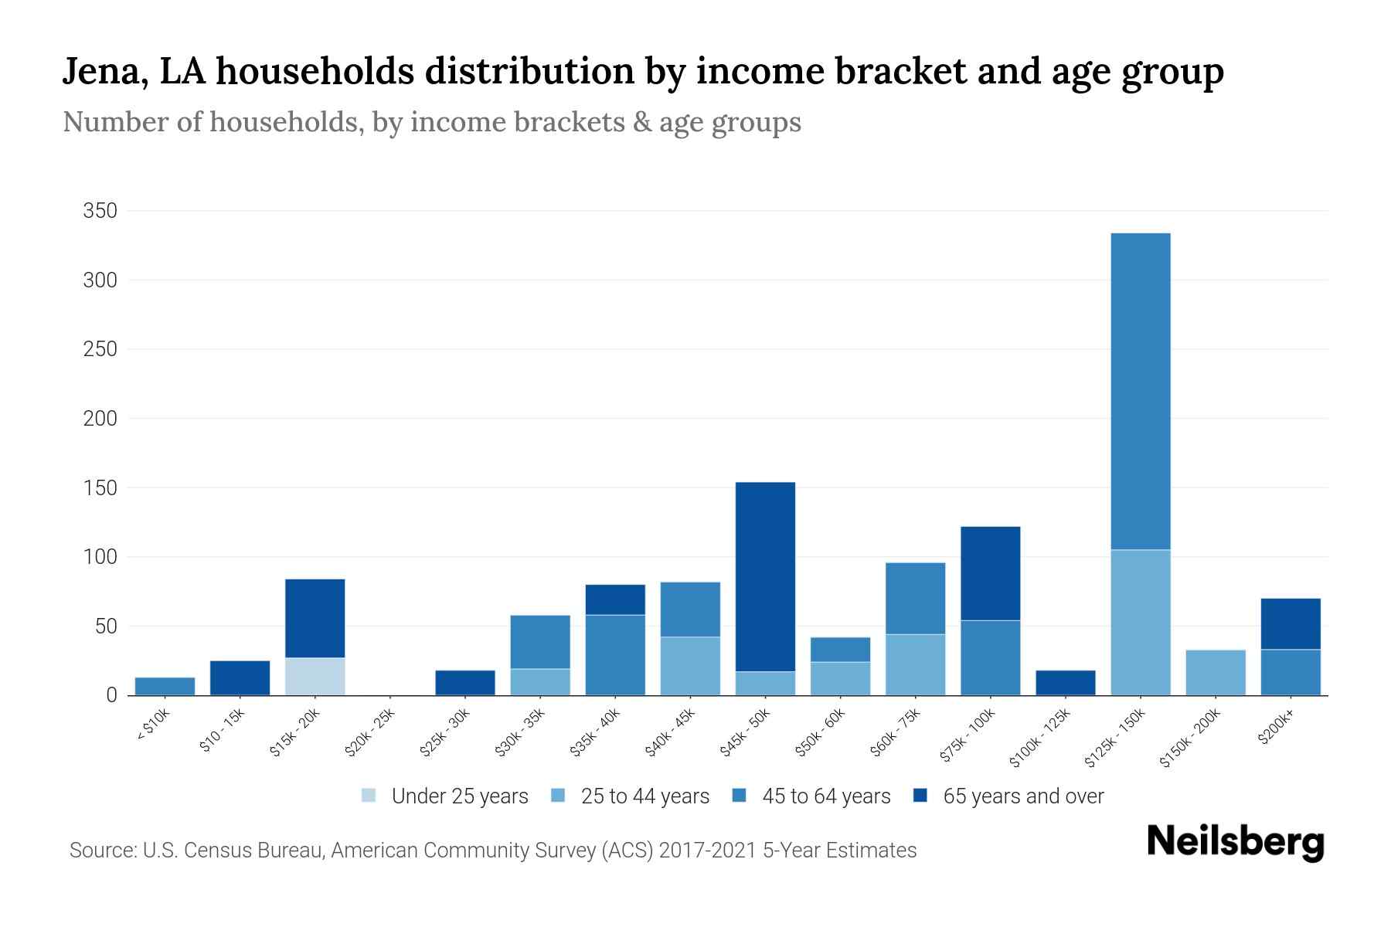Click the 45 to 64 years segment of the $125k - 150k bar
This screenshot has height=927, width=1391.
click(x=1140, y=391)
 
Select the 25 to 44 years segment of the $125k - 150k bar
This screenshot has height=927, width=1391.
click(x=1140, y=622)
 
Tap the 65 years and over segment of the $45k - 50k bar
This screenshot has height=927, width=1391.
click(x=765, y=576)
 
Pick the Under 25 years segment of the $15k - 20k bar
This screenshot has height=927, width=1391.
click(x=315, y=676)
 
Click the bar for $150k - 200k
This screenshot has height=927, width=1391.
click(x=1215, y=672)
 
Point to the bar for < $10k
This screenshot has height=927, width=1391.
click(x=165, y=686)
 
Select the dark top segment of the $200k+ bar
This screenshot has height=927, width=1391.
click(x=1290, y=623)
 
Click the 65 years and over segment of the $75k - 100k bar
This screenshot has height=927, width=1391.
click(x=990, y=573)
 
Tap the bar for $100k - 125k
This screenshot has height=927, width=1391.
click(x=1065, y=682)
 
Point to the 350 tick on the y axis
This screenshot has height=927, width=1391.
click(x=100, y=211)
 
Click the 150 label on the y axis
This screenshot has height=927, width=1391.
click(x=100, y=488)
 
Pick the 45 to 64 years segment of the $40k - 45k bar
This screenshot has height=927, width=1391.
click(x=690, y=609)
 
